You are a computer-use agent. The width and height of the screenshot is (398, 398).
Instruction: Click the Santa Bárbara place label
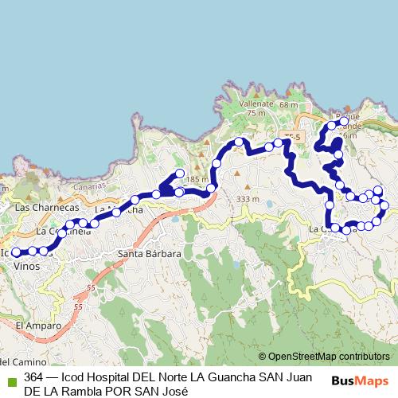(150, 254)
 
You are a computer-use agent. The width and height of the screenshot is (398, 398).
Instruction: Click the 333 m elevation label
(248, 199)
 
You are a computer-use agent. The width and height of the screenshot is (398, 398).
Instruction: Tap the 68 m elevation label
(287, 104)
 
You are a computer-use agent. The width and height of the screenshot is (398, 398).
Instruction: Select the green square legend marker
(11, 378)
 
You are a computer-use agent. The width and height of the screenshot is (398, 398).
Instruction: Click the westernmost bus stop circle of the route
(15, 252)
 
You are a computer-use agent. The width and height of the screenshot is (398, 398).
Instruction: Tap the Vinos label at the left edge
(26, 267)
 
